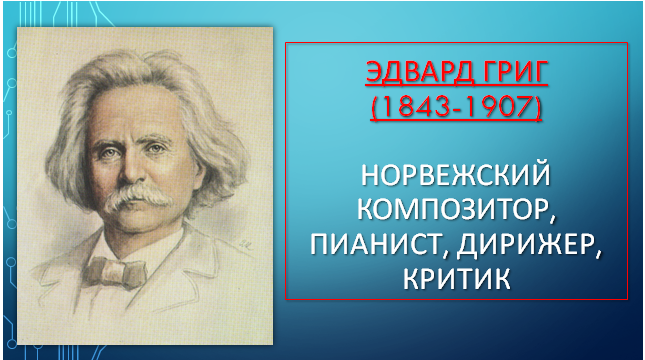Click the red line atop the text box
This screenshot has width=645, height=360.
457,44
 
